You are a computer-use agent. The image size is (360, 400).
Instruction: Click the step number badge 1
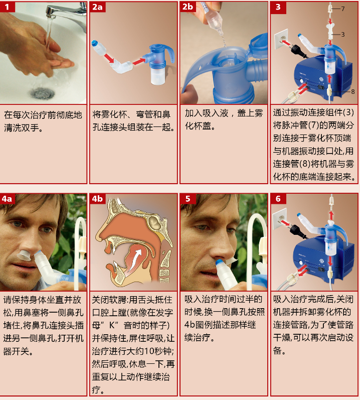point(7,7)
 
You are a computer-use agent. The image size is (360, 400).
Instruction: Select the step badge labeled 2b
point(188,7)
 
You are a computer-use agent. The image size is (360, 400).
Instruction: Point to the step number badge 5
point(188,199)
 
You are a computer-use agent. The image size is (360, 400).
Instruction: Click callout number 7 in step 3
point(343,9)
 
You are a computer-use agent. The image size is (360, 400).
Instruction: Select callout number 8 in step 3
point(353,91)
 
